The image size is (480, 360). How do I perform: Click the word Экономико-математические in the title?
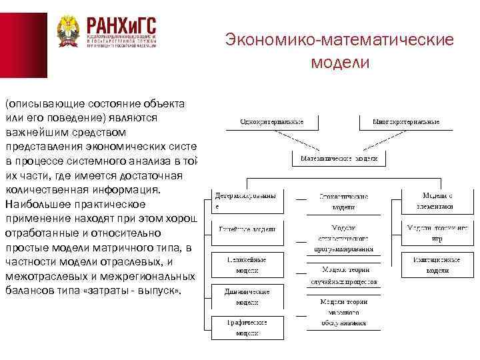point(339,40)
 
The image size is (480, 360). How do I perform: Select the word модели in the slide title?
point(339,63)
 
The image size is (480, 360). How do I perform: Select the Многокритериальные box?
point(406,123)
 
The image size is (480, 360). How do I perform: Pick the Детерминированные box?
point(245,201)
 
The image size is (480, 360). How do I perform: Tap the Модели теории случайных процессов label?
point(344,275)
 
